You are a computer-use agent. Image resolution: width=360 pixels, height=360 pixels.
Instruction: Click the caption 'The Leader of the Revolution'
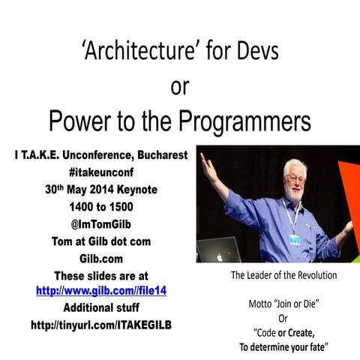coord(283,275)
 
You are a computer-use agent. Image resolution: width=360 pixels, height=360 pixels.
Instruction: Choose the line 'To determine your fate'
coord(283,347)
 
